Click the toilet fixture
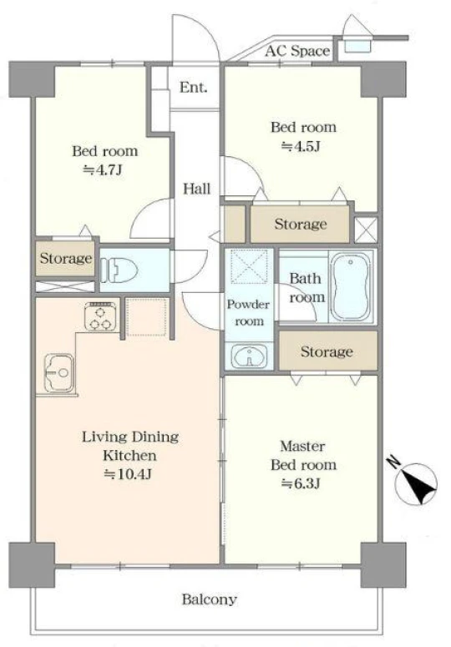[119, 270]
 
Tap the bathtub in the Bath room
[351, 286]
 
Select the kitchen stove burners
[100, 316]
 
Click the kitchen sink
[59, 372]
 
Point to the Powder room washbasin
[249, 356]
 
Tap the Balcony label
[210, 599]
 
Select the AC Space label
[297, 51]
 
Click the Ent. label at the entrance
[193, 87]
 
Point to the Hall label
[197, 189]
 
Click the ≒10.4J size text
[128, 474]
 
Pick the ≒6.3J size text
[301, 483]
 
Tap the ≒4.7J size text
[103, 169]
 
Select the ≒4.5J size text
[301, 146]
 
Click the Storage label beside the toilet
[66, 259]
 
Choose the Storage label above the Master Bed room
[327, 351]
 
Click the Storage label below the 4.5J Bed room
[301, 224]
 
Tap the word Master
[302, 446]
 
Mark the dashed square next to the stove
[146, 317]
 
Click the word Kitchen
[129, 456]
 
